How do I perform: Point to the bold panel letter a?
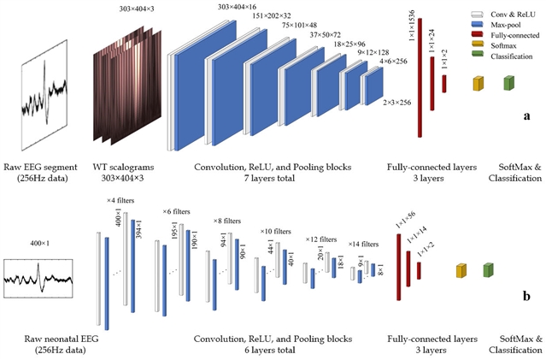coord(526,114)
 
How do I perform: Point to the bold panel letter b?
coord(526,298)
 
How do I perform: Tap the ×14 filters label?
coord(363,243)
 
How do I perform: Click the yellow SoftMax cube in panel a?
coord(478,83)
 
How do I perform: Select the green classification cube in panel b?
coord(488,270)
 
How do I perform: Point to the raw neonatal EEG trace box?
coord(38,279)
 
